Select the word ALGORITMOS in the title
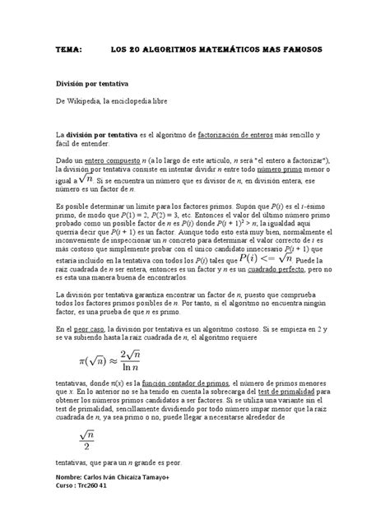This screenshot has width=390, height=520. pyautogui.click(x=177, y=50)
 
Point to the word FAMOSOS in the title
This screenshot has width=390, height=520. pyautogui.click(x=310, y=50)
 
